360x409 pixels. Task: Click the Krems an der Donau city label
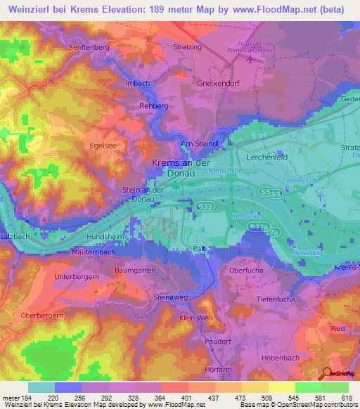[x=181, y=167]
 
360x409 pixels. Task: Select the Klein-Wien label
[x=196, y=318]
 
